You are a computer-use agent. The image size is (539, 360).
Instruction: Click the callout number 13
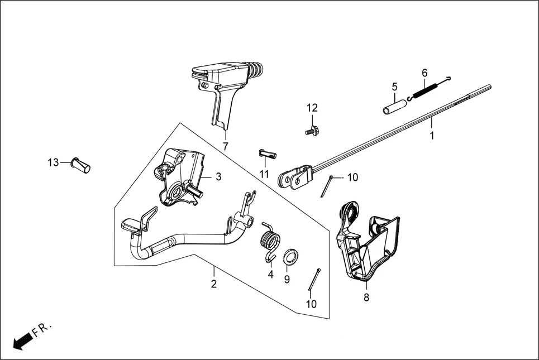point(53,162)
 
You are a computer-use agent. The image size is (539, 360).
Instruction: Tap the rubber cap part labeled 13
point(81,165)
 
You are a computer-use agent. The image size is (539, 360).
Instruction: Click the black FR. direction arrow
point(21,341)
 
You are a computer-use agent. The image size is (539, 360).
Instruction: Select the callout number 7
point(226,147)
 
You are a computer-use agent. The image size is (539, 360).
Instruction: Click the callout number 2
point(213,284)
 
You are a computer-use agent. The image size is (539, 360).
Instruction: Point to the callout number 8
point(366,297)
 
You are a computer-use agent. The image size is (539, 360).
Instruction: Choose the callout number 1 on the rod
point(431,135)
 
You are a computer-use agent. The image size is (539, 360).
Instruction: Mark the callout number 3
point(218,176)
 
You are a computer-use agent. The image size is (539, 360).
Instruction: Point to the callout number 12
point(312,108)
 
